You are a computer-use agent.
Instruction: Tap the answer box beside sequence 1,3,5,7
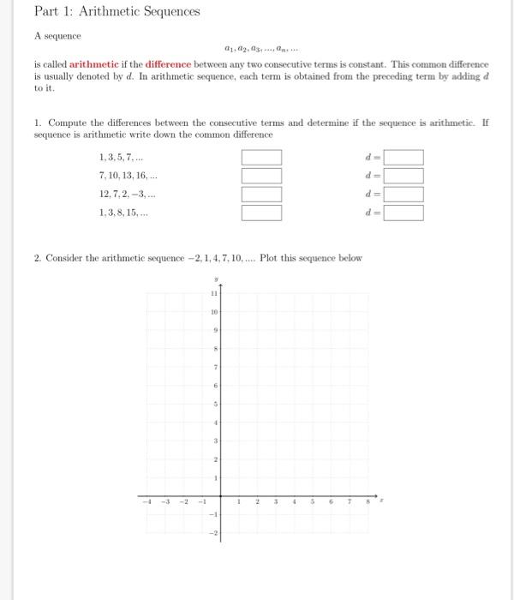coord(260,158)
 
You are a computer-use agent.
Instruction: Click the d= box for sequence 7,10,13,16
coord(403,176)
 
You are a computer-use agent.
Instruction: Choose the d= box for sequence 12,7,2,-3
coord(403,195)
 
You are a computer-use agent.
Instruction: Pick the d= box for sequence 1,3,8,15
coord(403,213)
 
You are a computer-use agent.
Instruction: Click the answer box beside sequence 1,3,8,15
coord(260,213)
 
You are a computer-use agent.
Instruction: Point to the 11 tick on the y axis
coord(214,293)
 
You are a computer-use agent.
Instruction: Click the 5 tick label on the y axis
coord(216,403)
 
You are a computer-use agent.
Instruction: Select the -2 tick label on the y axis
coord(215,532)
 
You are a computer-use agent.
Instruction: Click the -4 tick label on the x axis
coord(147,502)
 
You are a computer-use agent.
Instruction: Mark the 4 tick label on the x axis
coord(294,502)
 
